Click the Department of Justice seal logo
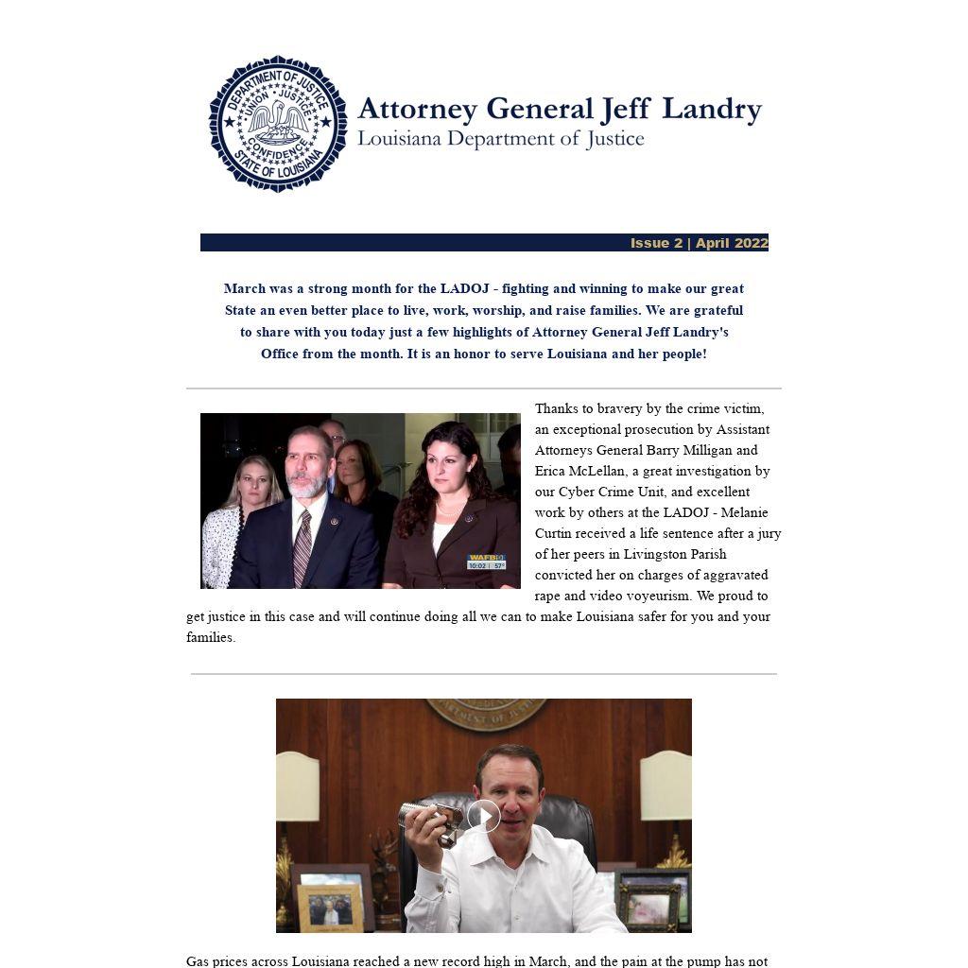(x=277, y=124)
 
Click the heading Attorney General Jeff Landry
(x=559, y=109)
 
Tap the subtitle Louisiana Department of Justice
(x=500, y=139)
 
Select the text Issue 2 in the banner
(x=656, y=243)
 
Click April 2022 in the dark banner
(x=732, y=243)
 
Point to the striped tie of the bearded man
(x=302, y=548)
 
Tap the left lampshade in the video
(x=298, y=786)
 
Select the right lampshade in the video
(x=665, y=785)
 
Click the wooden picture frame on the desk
(x=330, y=907)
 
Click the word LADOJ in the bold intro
(x=464, y=288)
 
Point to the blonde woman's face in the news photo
(x=252, y=478)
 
